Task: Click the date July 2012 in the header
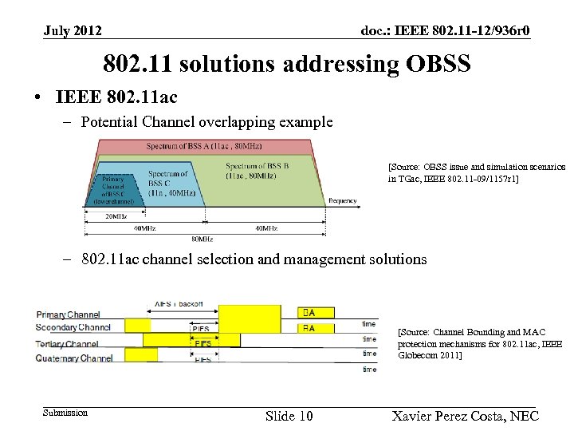(x=73, y=31)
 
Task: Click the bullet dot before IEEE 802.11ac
(x=38, y=98)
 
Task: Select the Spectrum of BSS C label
(x=168, y=183)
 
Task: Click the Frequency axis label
(x=343, y=200)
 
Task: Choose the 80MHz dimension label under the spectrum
(x=201, y=239)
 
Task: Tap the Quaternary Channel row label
(x=74, y=358)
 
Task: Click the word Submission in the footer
(x=65, y=413)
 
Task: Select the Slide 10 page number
(x=289, y=416)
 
